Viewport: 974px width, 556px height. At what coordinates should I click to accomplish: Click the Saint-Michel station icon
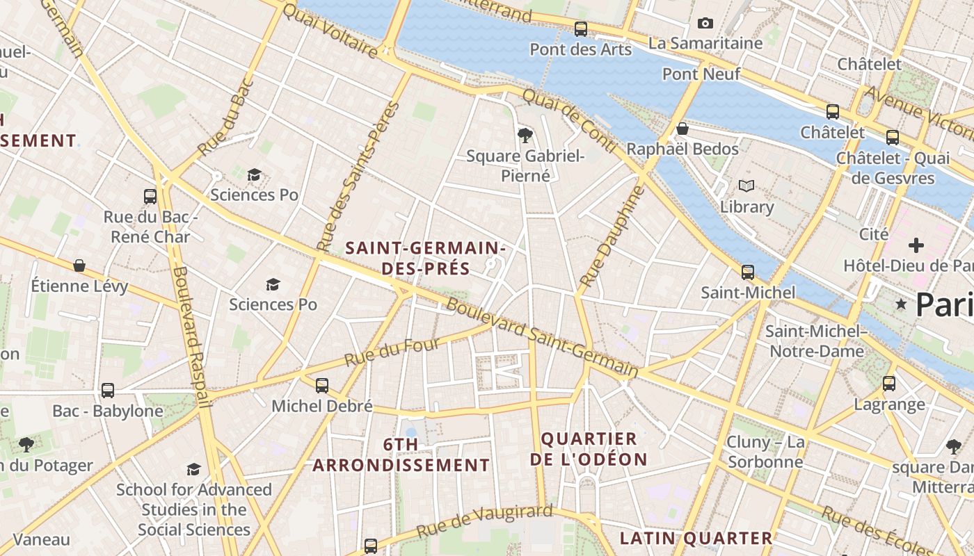click(x=748, y=272)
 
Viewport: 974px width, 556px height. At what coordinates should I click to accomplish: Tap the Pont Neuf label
click(x=701, y=74)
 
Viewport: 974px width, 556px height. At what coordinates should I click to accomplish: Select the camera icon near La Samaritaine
click(x=705, y=24)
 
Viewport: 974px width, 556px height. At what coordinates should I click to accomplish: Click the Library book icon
click(x=747, y=186)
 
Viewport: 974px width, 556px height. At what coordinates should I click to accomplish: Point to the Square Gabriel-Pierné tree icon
click(x=525, y=136)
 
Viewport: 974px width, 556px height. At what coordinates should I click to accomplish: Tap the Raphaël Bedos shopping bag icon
click(x=682, y=129)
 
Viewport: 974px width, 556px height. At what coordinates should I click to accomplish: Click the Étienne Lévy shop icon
click(x=79, y=265)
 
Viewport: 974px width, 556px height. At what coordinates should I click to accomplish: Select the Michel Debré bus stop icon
click(x=322, y=385)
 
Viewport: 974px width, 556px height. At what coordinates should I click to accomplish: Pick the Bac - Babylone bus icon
click(x=108, y=391)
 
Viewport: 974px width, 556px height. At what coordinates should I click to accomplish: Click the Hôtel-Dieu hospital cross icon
click(x=916, y=245)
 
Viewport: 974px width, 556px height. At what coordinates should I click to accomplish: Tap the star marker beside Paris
click(x=902, y=304)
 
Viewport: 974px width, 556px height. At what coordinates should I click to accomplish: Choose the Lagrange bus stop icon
click(x=889, y=383)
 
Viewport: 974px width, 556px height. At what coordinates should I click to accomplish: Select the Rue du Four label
click(x=392, y=352)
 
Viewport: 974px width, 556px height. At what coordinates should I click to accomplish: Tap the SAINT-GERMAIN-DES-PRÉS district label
click(x=425, y=258)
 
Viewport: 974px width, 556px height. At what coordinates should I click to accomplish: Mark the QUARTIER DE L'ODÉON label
click(x=589, y=449)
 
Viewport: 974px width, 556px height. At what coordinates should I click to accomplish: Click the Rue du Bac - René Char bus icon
click(x=150, y=197)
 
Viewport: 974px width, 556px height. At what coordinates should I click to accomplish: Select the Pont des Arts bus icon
click(x=581, y=29)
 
